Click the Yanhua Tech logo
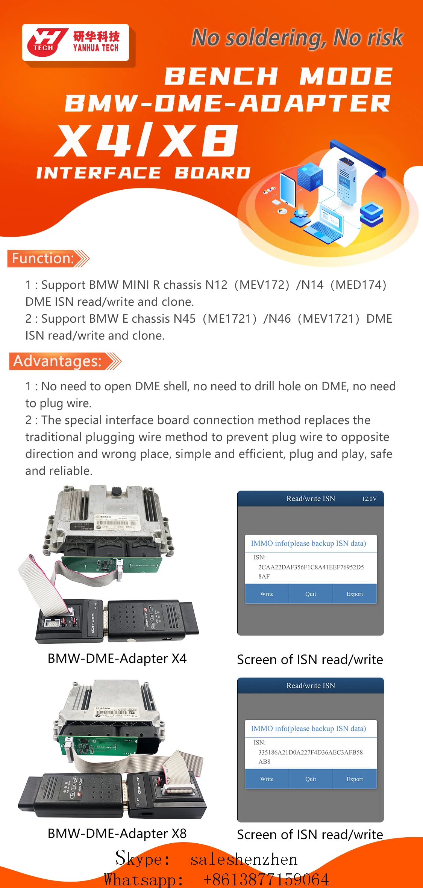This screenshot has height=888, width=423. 75,42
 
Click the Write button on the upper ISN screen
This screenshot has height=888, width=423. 267,594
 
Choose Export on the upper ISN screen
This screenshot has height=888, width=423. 355,594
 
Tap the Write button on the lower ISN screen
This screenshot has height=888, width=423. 267,779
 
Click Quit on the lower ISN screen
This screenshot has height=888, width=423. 311,779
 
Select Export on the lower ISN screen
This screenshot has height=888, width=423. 355,779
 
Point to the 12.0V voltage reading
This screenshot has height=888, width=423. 369,499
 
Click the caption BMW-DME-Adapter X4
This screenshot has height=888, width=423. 117,658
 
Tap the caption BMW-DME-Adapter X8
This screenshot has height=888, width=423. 117,834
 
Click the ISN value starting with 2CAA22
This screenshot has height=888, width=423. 311,571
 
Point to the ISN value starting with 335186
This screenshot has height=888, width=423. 310,757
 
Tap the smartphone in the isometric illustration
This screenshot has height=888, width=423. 288,190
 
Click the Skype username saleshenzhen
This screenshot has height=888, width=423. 244,859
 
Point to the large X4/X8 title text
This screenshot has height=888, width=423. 147,140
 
